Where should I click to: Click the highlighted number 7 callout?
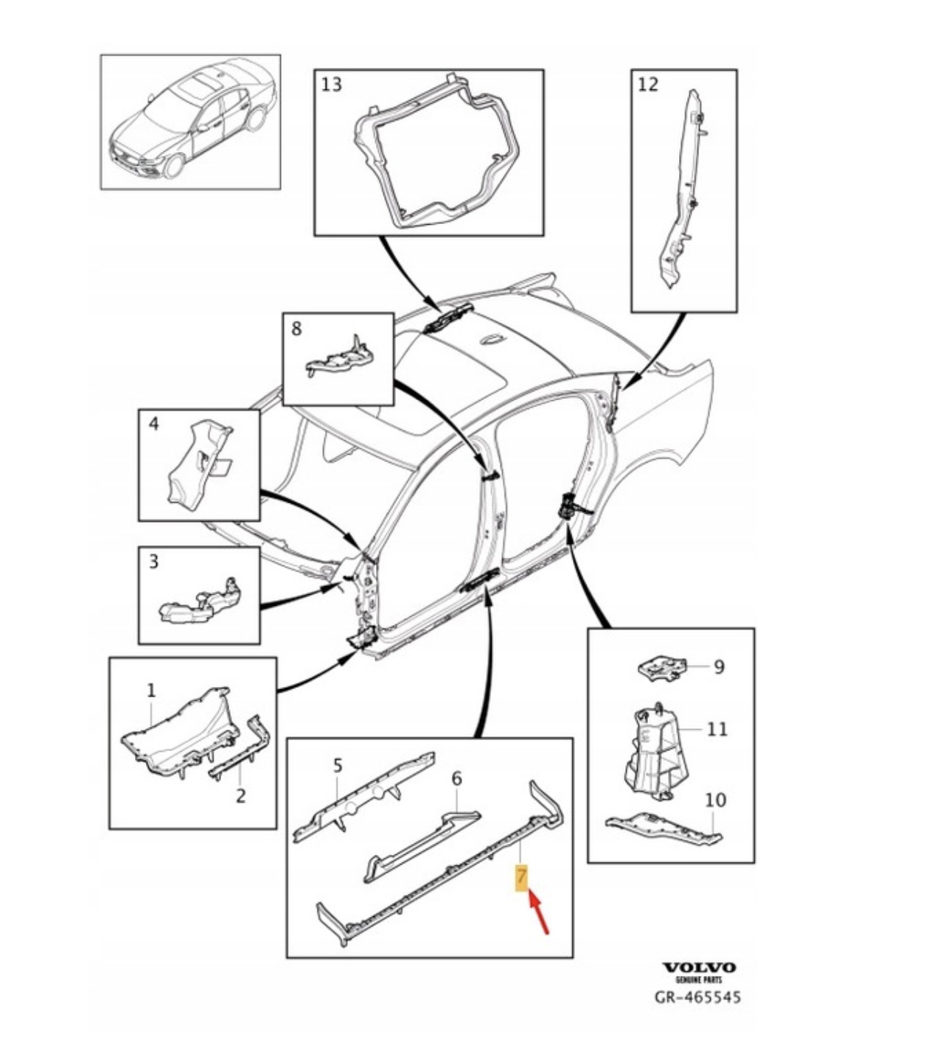pyautogui.click(x=522, y=878)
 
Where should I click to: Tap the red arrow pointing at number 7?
pyautogui.click(x=539, y=913)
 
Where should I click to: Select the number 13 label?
pyautogui.click(x=332, y=85)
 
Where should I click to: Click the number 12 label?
pyautogui.click(x=647, y=84)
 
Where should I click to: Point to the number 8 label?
pyautogui.click(x=296, y=328)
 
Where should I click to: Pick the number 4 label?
pyautogui.click(x=153, y=424)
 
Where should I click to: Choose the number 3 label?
pyautogui.click(x=153, y=562)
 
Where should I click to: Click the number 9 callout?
pyautogui.click(x=719, y=667)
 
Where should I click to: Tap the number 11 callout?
pyautogui.click(x=717, y=730)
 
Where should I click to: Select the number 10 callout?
pyautogui.click(x=715, y=800)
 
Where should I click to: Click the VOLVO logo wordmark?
pyautogui.click(x=698, y=967)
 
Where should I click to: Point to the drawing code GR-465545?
pyautogui.click(x=698, y=997)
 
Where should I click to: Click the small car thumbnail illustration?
pyautogui.click(x=190, y=122)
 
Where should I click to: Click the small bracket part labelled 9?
pyautogui.click(x=661, y=667)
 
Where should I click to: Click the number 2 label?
pyautogui.click(x=240, y=796)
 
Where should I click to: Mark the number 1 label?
pyautogui.click(x=151, y=691)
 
